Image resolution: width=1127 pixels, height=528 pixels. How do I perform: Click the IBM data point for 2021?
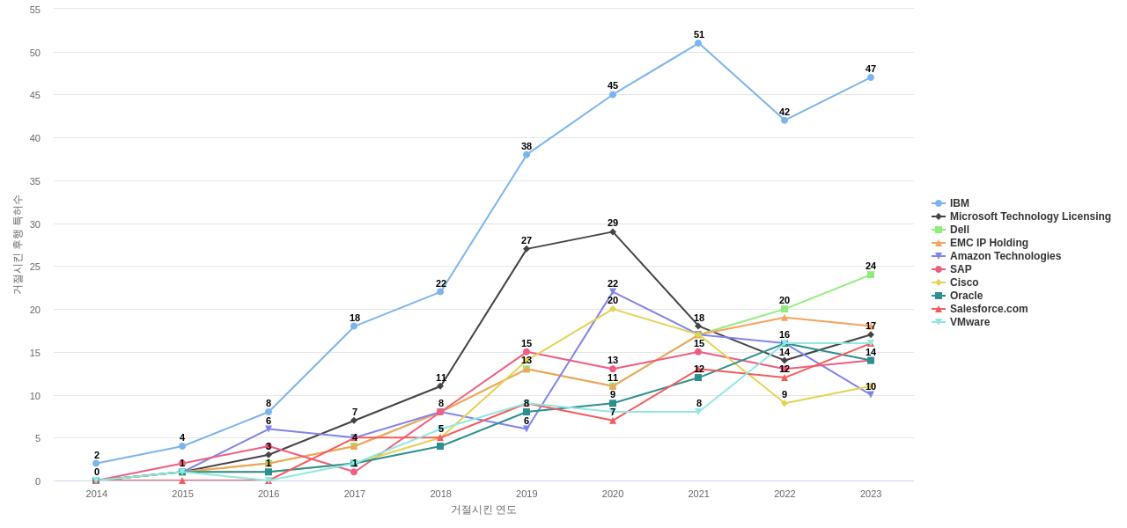[698, 43]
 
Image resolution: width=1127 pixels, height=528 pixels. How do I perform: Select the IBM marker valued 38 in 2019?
[527, 155]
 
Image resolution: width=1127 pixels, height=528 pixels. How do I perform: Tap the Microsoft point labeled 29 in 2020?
[613, 231]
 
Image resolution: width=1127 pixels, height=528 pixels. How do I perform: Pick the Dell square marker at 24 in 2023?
[871, 275]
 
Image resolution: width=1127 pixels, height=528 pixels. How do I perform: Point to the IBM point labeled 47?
[871, 77]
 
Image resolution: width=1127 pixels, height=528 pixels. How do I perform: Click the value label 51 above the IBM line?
[699, 34]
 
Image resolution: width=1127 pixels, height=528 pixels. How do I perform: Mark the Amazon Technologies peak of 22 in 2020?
[613, 291]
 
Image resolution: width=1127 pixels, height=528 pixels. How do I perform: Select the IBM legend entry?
[959, 203]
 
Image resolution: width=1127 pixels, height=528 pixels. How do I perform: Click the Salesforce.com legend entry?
[988, 309]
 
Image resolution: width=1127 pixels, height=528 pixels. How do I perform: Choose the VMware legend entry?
[969, 322]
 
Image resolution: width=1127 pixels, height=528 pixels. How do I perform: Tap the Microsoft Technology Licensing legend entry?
[1029, 216]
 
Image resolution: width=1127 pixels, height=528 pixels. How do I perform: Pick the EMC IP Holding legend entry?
[988, 243]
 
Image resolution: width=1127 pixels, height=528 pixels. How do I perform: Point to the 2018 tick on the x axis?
[440, 494]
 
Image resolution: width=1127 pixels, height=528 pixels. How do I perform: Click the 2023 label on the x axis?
[871, 494]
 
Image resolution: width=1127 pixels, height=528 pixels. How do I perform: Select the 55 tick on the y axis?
[35, 10]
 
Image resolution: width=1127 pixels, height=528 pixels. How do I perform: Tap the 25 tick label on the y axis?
[35, 267]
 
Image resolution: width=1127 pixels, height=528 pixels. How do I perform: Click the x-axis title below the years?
[483, 510]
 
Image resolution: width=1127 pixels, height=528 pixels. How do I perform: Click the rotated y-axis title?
[17, 245]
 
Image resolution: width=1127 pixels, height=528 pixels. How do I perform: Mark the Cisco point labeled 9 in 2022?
[784, 403]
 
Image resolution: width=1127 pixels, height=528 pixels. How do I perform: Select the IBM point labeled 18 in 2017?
[354, 326]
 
